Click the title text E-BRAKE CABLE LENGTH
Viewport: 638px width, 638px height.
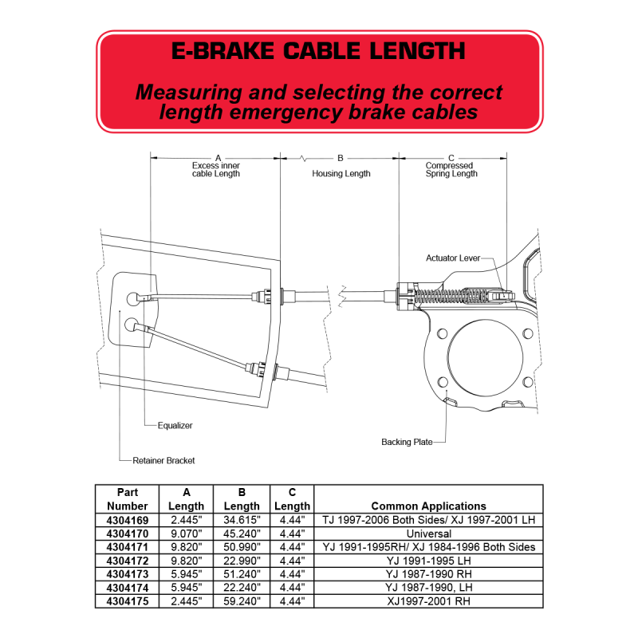point(318,51)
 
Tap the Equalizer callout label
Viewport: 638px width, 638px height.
point(175,426)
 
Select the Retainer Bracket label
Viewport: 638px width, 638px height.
point(163,461)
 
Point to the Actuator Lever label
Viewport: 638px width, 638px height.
point(453,258)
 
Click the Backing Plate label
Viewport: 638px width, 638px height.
point(407,442)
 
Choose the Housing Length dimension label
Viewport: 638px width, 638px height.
point(341,174)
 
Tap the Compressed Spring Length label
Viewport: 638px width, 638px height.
point(451,170)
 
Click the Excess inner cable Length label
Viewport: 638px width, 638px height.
point(216,170)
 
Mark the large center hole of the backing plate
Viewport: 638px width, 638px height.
point(485,357)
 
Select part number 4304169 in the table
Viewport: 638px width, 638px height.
point(128,521)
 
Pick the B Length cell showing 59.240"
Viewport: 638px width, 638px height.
point(242,601)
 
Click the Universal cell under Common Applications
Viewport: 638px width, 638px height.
point(429,534)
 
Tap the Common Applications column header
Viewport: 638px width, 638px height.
point(428,506)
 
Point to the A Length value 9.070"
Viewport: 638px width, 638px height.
point(187,534)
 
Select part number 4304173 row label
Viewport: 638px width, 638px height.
point(128,574)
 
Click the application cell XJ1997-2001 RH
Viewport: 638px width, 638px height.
point(429,601)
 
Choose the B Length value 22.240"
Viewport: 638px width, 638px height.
point(242,588)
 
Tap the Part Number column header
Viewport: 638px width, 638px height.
point(128,499)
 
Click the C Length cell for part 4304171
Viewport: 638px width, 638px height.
point(292,547)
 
